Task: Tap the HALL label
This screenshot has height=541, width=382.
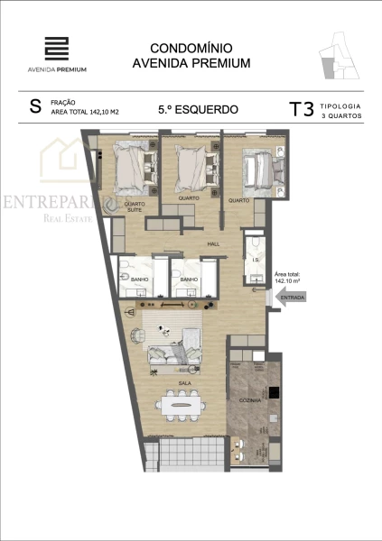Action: (x=214, y=243)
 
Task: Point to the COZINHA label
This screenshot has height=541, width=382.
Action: (x=250, y=399)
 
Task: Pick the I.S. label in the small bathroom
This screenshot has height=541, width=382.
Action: (x=256, y=261)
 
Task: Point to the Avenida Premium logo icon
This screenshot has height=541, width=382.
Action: (x=57, y=49)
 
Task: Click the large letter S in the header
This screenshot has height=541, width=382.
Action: (x=35, y=107)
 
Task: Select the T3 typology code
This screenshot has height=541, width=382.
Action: (x=301, y=110)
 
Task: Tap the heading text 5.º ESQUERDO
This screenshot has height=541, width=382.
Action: (x=198, y=110)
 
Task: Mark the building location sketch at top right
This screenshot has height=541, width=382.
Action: (x=340, y=56)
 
